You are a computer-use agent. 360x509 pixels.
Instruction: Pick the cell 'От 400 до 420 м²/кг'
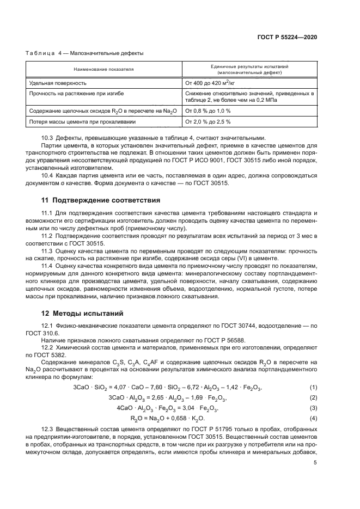click(210, 83)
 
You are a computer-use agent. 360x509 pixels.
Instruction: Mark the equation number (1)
click(313, 387)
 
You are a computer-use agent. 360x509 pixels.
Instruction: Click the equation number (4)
click(313, 418)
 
